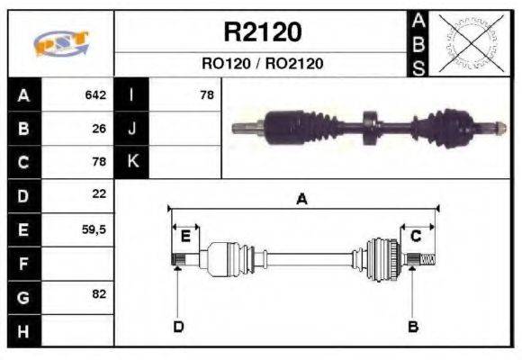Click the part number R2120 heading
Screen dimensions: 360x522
[x=262, y=32]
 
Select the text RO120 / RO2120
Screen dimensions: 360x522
[x=262, y=64]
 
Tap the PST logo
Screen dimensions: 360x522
[x=60, y=44]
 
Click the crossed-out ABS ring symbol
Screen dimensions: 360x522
[x=468, y=43]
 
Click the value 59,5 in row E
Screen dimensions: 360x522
[x=94, y=229]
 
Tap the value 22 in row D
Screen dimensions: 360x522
[x=99, y=194]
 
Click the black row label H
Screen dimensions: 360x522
[x=23, y=330]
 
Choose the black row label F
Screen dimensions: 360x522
[x=23, y=263]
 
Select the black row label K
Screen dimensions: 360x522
[x=131, y=162]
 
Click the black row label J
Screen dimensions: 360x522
[x=131, y=129]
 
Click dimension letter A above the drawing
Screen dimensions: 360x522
[x=301, y=200]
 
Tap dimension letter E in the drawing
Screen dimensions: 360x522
[x=185, y=237]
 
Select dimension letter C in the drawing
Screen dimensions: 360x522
[x=416, y=237]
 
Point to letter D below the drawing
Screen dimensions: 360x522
[x=178, y=326]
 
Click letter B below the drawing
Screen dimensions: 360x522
[x=413, y=326]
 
